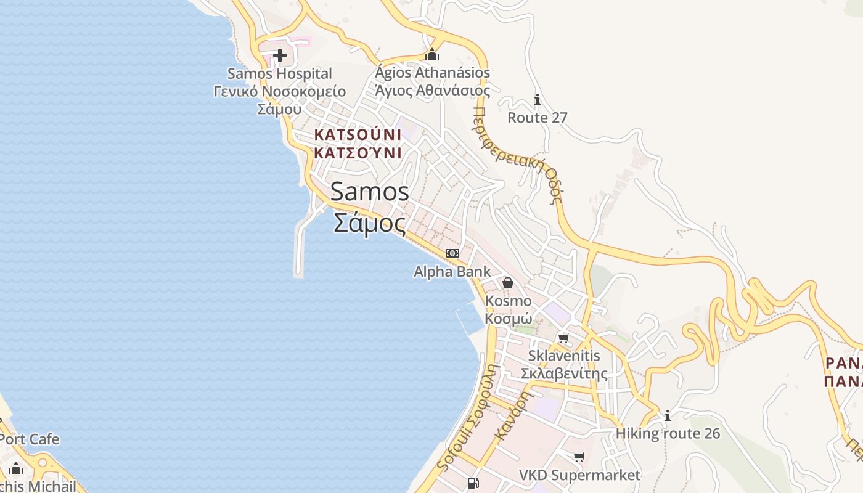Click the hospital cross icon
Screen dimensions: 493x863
point(280,56)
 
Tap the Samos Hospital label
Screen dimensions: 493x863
point(279,74)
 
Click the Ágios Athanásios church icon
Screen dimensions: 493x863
point(433,54)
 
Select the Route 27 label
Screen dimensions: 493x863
point(537,118)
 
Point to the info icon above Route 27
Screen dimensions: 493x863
point(538,99)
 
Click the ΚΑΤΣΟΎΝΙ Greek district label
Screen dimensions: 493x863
point(358,153)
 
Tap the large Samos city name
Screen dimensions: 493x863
point(370,192)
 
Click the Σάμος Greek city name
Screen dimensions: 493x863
point(370,222)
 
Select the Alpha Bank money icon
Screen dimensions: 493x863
point(452,253)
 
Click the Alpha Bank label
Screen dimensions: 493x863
point(452,271)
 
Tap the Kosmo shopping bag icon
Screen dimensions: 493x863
point(508,283)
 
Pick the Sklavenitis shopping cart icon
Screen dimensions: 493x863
point(563,338)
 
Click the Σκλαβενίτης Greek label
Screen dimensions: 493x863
point(563,373)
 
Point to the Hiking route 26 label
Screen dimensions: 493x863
point(668,433)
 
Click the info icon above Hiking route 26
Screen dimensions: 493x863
point(668,416)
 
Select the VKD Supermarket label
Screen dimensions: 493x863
point(579,475)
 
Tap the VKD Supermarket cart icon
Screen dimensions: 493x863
point(579,457)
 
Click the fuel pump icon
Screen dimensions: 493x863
point(473,483)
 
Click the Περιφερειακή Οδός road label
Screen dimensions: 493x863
point(518,154)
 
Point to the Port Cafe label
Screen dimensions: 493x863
point(30,439)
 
